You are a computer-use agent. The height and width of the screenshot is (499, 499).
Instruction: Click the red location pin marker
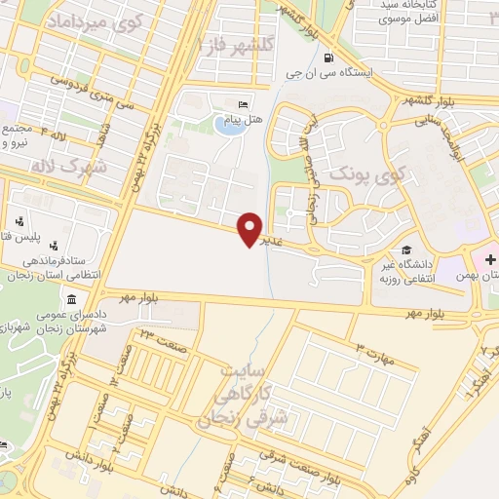251,229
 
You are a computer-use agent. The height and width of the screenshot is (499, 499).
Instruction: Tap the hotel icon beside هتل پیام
243,105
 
